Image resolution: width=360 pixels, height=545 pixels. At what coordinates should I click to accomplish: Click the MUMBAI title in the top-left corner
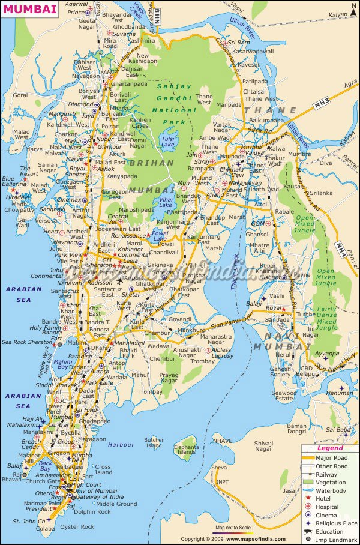(x=31, y=9)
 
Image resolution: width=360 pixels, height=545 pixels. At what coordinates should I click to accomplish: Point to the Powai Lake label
(x=160, y=235)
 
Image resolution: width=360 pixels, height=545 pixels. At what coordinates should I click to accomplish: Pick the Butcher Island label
(x=154, y=442)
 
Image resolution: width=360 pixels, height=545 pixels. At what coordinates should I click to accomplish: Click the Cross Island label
(x=103, y=469)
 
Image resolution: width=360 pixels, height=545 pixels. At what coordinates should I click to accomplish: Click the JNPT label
(x=221, y=481)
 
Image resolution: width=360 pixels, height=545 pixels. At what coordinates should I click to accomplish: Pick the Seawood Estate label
(x=284, y=396)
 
